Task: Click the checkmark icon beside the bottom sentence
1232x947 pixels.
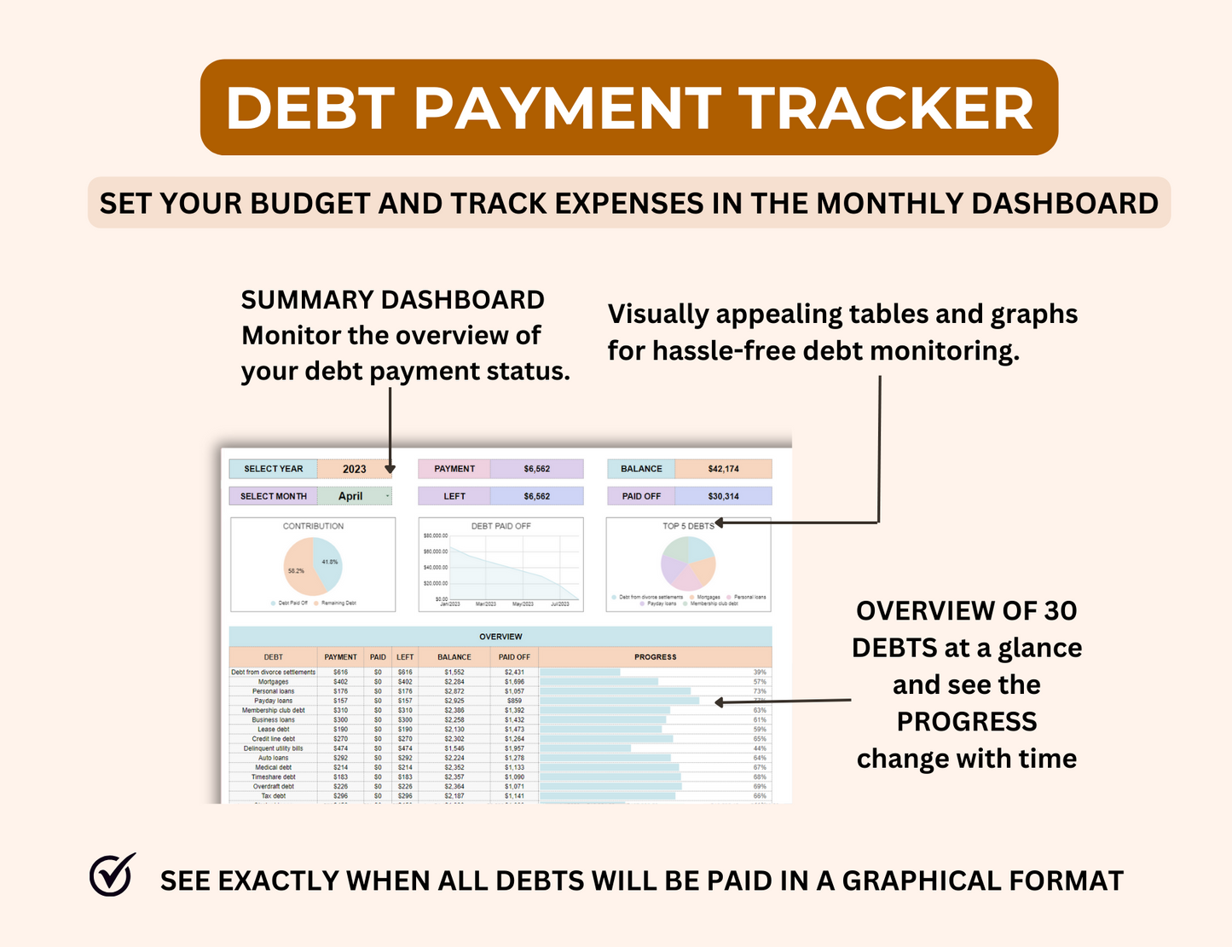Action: [113, 875]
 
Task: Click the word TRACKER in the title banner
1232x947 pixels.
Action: [886, 109]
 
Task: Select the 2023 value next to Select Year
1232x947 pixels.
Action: [354, 469]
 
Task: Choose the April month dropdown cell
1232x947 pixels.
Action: [353, 496]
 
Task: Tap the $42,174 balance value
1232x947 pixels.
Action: [723, 469]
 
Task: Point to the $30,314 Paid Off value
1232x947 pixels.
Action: [723, 496]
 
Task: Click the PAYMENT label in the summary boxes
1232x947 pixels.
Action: [454, 469]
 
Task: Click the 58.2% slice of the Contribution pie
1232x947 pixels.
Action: [300, 571]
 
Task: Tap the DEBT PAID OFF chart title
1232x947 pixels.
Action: [500, 526]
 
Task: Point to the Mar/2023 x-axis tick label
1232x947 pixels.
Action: [486, 604]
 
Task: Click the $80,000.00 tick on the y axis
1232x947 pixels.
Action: [435, 536]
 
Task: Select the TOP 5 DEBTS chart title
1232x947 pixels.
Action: [687, 526]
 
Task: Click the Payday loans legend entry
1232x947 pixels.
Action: [661, 603]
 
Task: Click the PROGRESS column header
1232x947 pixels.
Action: [655, 657]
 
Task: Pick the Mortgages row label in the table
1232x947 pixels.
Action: [273, 682]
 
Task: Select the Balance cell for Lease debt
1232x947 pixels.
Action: [454, 730]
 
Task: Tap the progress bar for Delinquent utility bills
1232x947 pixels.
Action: [586, 748]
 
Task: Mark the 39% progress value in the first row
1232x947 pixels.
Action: [759, 673]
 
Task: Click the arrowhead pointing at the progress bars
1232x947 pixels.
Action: [719, 702]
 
